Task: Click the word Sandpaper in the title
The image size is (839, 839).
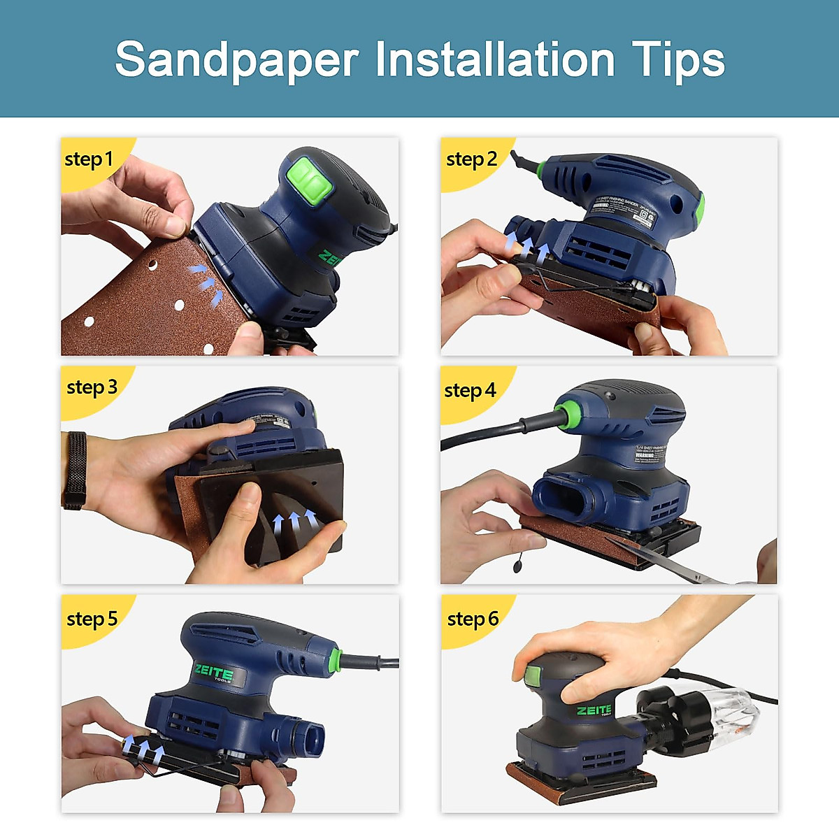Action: coord(237,60)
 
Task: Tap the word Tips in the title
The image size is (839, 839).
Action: coord(677,60)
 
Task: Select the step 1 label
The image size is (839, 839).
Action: coord(88,159)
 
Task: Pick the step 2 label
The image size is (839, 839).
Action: coord(471,159)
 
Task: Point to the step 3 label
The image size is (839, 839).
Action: coord(92,387)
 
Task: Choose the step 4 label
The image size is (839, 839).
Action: coord(470,390)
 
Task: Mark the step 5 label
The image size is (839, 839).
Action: coord(92,619)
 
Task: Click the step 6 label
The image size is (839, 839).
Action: coord(473,619)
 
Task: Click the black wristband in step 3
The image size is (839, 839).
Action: coord(75,470)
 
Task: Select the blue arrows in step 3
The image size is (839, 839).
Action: coord(294,521)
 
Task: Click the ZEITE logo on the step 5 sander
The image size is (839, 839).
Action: coord(214,673)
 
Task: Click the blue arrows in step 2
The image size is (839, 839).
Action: coord(526,245)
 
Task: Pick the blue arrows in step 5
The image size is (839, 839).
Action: coord(144,750)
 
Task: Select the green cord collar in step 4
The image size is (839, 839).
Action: coord(567,414)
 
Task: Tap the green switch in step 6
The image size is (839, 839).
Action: coord(533,675)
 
